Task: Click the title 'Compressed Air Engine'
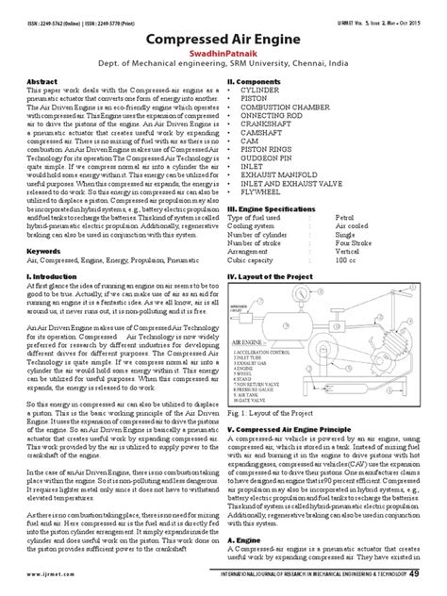[223, 40]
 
